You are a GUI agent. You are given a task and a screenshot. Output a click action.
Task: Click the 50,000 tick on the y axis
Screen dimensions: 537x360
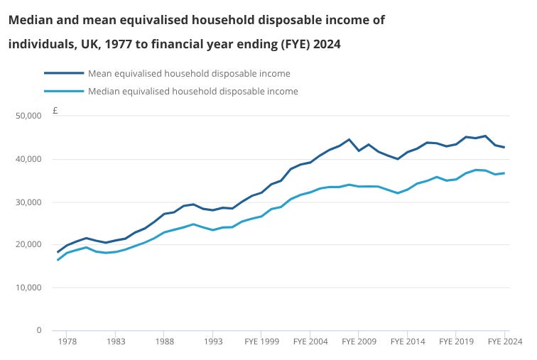28,116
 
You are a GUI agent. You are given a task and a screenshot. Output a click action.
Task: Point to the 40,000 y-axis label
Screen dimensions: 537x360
28,159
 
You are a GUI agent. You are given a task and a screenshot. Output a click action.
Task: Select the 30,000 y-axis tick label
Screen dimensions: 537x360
28,202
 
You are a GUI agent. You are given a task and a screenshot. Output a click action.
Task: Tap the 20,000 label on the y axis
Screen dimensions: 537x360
28,244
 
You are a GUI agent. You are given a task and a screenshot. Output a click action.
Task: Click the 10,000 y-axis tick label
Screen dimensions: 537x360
28,288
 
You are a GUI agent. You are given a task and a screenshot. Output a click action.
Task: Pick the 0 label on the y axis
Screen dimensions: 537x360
39,330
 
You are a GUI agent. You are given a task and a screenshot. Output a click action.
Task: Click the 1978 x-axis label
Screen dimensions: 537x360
67,342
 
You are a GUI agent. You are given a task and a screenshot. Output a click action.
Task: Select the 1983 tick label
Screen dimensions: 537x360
116,342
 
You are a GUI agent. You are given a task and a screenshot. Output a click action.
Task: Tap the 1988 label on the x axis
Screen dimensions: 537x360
164,342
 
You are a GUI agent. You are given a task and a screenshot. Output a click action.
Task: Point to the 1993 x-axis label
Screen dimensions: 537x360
213,342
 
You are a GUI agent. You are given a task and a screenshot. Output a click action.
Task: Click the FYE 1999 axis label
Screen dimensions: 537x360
261,342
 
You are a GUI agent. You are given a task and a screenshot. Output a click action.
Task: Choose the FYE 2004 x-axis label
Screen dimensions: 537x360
310,342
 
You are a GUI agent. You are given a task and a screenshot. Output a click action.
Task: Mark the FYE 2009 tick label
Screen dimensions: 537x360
359,342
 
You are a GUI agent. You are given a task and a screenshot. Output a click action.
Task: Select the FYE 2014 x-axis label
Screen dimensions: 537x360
408,342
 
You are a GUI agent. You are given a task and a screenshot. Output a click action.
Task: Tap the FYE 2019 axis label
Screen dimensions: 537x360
456,342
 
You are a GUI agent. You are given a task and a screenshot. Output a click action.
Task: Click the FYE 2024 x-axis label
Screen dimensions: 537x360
505,342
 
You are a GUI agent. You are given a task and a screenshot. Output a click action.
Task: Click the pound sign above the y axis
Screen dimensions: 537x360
55,111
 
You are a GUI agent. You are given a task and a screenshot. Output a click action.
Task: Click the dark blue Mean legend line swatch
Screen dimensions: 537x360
64,73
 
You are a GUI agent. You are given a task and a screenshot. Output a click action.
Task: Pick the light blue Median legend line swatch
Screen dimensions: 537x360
64,91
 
